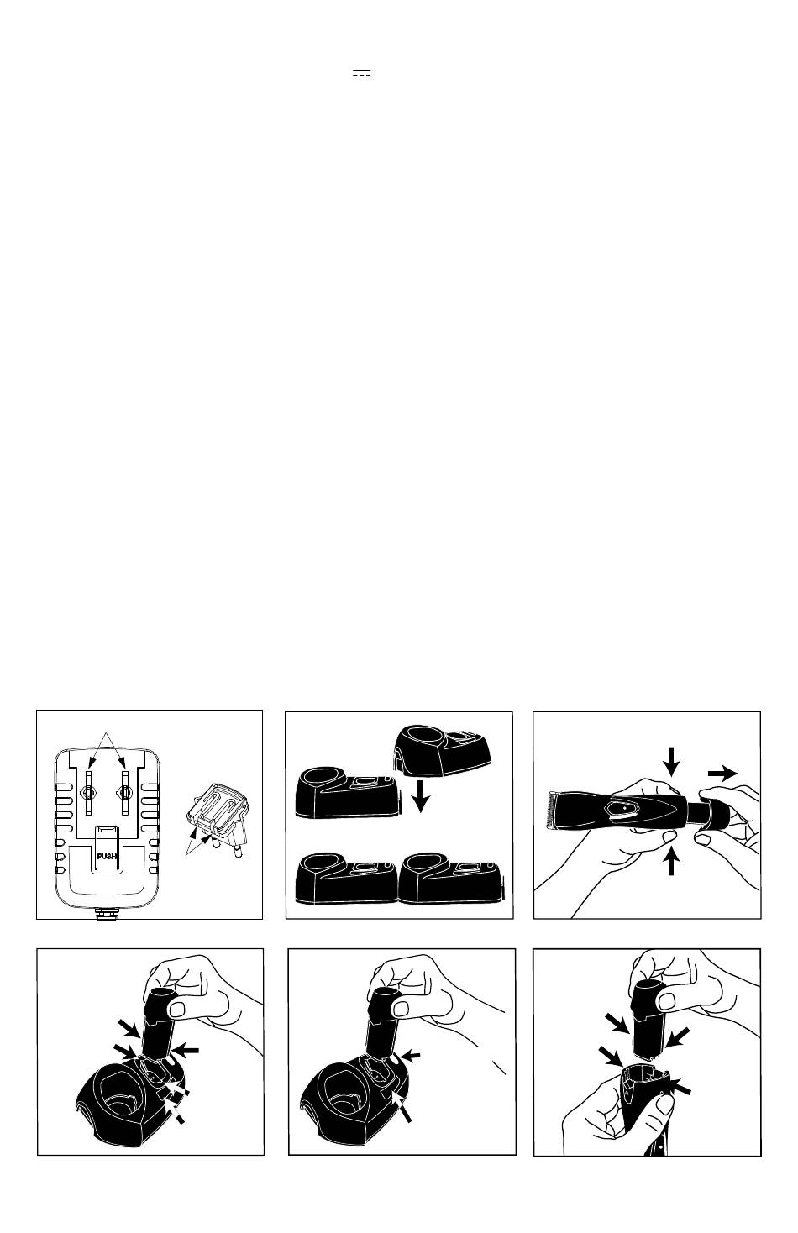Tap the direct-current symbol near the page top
pos(361,73)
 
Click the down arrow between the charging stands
pos(421,796)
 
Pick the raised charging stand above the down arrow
pos(443,749)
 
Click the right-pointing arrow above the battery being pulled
pos(722,774)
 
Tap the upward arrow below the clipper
pos(671,865)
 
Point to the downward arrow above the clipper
pos(671,763)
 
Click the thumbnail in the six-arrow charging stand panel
pos(178,1010)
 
